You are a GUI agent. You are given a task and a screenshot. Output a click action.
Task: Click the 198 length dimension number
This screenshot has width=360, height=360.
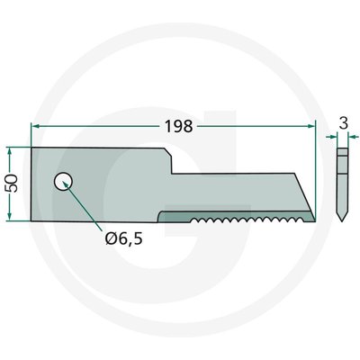(179, 126)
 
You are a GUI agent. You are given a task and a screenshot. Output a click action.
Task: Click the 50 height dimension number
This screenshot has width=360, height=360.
(13, 184)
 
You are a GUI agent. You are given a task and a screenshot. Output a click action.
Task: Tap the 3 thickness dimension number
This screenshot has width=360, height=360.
(344, 123)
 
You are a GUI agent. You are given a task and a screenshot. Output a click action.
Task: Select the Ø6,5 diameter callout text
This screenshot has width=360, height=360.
(124, 239)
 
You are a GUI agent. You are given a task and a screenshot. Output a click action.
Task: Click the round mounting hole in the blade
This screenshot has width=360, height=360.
(63, 182)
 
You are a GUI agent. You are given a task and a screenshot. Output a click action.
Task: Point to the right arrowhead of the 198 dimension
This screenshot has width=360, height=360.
(311, 126)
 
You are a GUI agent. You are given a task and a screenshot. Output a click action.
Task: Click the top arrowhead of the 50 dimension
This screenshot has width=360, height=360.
(10, 151)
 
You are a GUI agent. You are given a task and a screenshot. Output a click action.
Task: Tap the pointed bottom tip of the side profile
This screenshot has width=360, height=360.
(342, 221)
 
